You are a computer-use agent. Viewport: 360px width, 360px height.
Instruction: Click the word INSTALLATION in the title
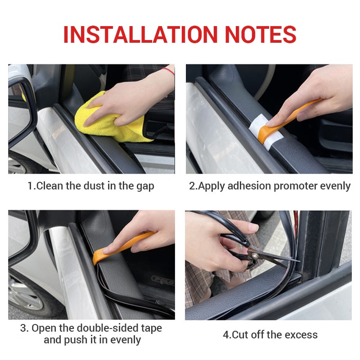point(140,35)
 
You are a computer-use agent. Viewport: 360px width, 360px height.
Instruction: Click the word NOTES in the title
point(261,35)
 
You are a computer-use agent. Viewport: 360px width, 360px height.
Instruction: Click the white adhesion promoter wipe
point(266,131)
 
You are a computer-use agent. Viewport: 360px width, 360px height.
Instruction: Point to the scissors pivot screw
point(254,255)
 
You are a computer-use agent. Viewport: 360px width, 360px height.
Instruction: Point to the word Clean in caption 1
point(49,186)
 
